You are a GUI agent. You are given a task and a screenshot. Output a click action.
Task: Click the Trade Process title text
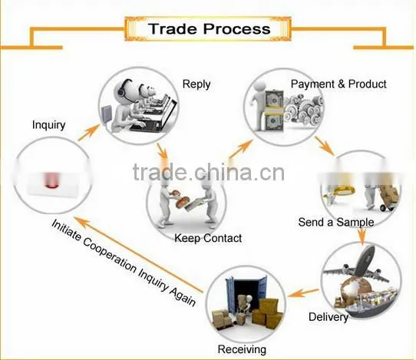pos(209,28)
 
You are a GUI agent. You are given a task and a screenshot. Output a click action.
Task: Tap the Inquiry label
pos(48,125)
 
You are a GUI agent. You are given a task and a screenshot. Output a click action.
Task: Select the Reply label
pos(196,84)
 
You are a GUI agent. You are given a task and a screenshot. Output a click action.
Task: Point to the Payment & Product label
pos(338,84)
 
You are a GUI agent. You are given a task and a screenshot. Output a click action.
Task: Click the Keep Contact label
pos(208,238)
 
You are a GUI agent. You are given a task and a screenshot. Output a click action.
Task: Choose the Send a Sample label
pos(336,222)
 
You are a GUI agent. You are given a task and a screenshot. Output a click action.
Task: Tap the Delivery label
pos(329,317)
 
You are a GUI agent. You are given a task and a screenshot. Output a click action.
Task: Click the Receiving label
pos(242,349)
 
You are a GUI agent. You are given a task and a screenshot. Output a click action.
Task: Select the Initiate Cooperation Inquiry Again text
pos(124,263)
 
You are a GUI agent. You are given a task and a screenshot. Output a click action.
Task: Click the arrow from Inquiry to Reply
pos(88,133)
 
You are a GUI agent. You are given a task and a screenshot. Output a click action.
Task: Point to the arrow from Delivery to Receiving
pos(303,292)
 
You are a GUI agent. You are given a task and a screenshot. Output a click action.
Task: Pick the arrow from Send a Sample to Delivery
pos(362,235)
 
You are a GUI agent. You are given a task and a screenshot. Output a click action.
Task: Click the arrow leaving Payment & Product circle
pos(325,145)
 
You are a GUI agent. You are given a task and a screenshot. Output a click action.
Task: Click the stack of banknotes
pos(274,111)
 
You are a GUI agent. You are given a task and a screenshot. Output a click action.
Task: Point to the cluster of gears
pos(304,109)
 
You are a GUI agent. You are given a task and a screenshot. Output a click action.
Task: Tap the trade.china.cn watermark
pos(209,172)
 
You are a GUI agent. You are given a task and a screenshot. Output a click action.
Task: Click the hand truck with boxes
pos(388,197)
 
